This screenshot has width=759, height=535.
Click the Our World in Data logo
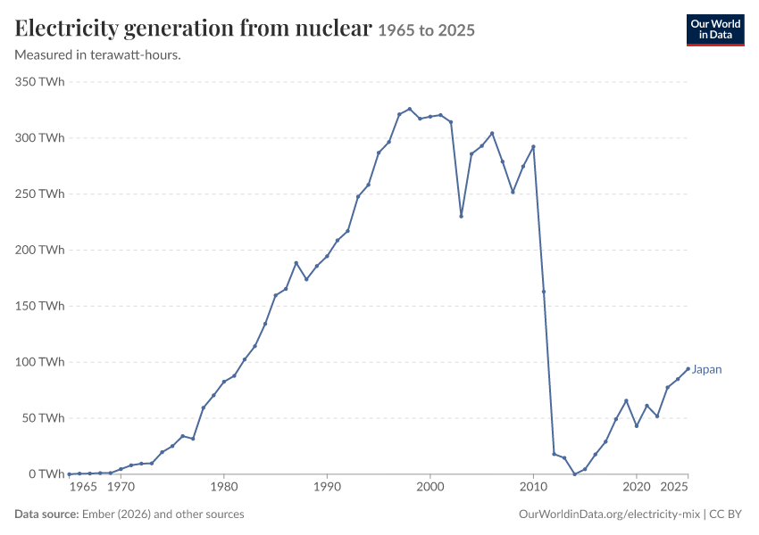pyautogui.click(x=715, y=30)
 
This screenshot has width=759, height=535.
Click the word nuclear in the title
pyautogui.click(x=334, y=28)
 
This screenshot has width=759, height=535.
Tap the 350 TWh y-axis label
pyautogui.click(x=39, y=82)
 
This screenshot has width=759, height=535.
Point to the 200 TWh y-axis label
pyautogui.click(x=39, y=250)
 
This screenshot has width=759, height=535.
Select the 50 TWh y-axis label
pyautogui.click(x=43, y=418)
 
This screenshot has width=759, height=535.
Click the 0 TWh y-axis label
pyautogui.click(x=46, y=474)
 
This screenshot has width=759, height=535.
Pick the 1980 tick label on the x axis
pyautogui.click(x=224, y=486)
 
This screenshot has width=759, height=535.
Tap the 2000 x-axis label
pyautogui.click(x=430, y=486)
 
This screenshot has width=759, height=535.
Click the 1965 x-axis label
pyautogui.click(x=83, y=486)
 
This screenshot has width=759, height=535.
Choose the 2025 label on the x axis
pyautogui.click(x=674, y=486)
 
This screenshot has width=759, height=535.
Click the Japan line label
pyautogui.click(x=706, y=370)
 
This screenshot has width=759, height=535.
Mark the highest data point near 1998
pyautogui.click(x=410, y=109)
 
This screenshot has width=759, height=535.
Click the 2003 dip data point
pyautogui.click(x=462, y=216)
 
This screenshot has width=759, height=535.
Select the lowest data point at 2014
pyautogui.click(x=574, y=474)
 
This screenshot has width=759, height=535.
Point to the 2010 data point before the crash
pyautogui.click(x=533, y=146)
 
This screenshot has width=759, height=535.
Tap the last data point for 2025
pyautogui.click(x=688, y=369)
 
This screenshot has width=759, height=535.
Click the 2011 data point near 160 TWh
pyautogui.click(x=544, y=292)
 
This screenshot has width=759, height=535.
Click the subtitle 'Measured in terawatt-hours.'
pyautogui.click(x=98, y=55)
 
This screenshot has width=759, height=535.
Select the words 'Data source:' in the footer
pyautogui.click(x=46, y=514)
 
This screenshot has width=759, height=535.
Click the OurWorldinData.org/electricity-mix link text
pyautogui.click(x=609, y=514)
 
